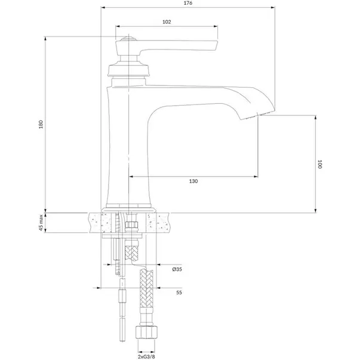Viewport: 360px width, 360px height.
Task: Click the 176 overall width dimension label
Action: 188,3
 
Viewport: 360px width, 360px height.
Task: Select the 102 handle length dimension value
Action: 167,22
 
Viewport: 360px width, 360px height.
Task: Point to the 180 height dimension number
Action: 41,124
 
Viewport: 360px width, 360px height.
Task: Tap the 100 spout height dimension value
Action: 319,164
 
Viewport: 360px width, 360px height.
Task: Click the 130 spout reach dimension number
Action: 193,181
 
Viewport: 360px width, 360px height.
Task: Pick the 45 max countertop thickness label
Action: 41,223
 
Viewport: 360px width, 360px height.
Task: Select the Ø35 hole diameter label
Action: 177,269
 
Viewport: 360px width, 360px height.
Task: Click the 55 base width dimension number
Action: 179,293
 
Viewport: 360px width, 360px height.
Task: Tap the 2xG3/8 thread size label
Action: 146,356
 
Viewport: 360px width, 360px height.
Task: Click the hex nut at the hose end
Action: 146,332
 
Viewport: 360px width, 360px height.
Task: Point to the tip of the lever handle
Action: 216,45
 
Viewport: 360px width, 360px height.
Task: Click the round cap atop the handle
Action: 128,38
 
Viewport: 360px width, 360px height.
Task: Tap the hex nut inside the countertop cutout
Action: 131,224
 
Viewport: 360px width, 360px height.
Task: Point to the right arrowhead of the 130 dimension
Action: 256,177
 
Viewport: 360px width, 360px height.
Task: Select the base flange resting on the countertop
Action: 128,210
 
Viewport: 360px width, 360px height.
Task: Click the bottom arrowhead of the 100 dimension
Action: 315,210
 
